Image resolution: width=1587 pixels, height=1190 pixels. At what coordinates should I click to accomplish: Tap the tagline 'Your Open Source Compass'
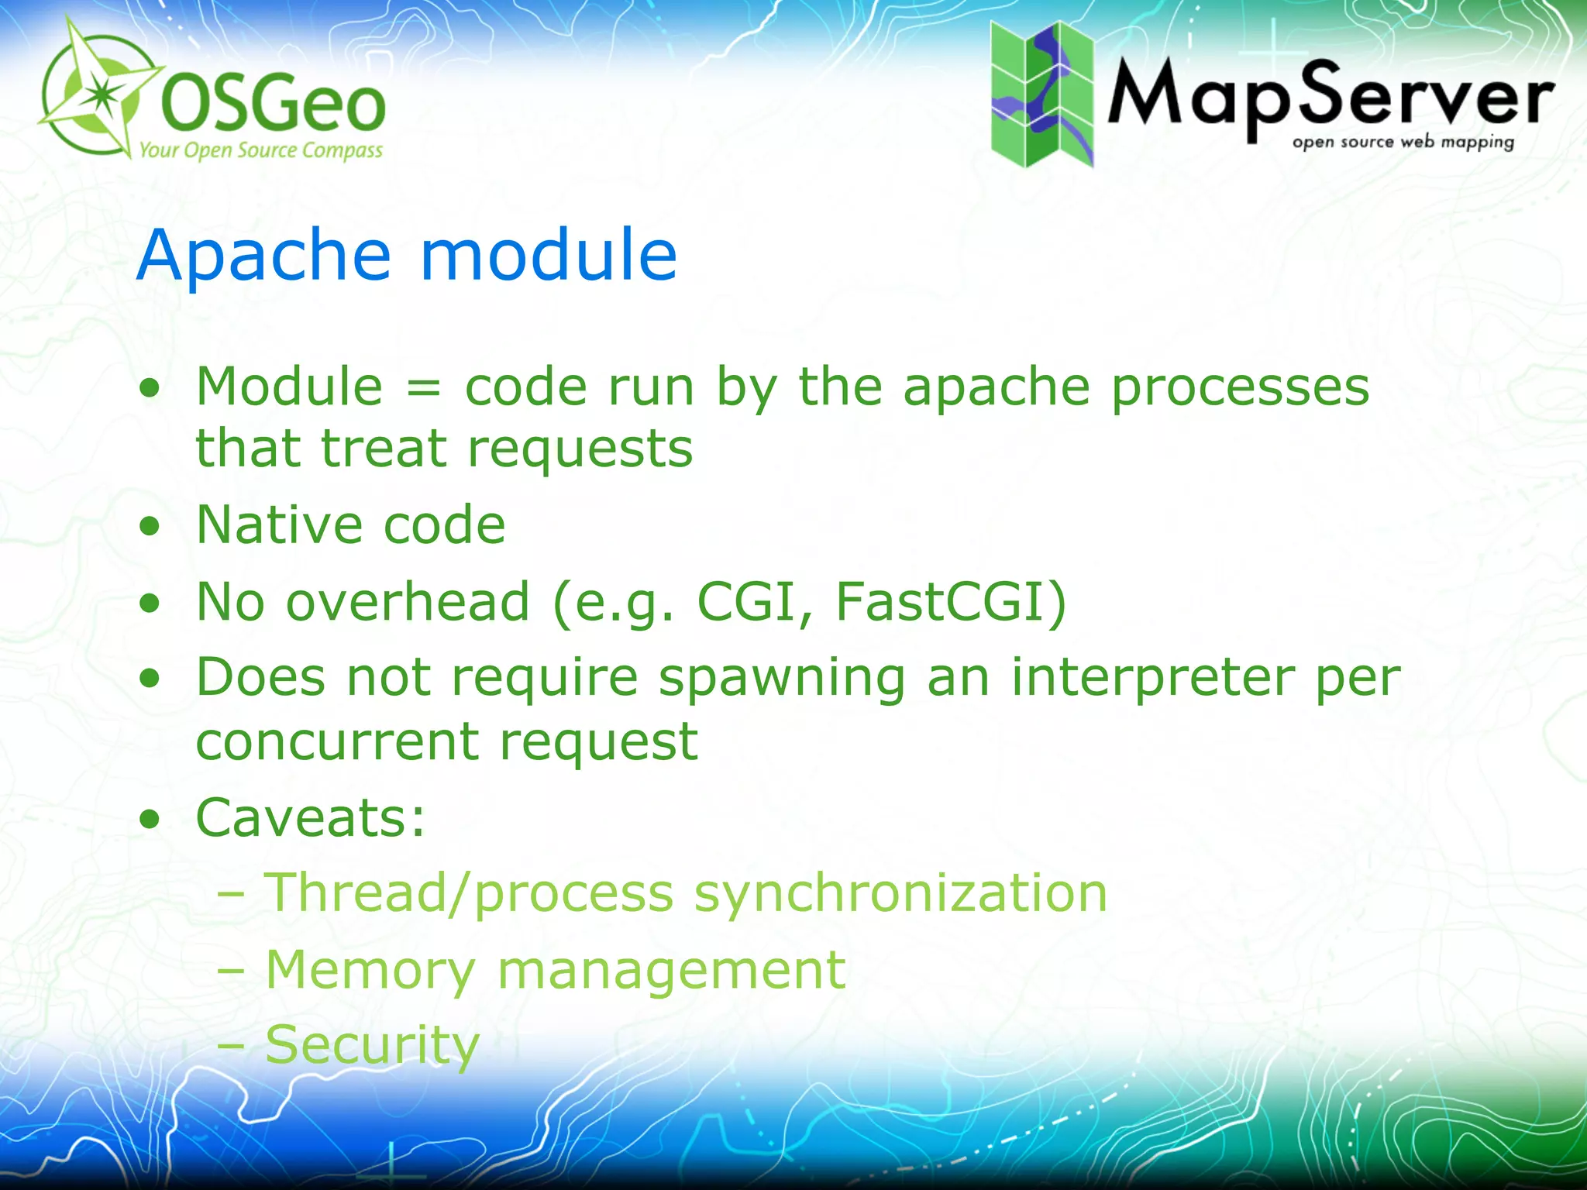[x=260, y=150]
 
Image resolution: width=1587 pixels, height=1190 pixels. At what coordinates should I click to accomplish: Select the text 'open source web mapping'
[x=1403, y=143]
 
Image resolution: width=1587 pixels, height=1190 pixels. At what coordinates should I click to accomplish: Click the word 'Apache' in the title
[x=264, y=256]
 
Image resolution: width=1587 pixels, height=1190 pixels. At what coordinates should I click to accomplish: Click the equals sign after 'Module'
[x=423, y=387]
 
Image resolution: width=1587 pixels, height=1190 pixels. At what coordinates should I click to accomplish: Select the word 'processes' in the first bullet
[x=1241, y=387]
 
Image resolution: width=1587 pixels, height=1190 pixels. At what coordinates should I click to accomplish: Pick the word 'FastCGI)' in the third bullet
[x=952, y=602]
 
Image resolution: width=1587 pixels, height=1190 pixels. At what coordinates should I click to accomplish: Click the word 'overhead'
[x=408, y=602]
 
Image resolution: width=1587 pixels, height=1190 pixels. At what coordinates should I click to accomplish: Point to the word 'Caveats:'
[x=311, y=817]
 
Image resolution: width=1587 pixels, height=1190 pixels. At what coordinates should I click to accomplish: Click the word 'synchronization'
[x=900, y=894]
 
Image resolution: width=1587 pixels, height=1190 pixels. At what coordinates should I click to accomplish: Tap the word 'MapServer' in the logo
[x=1330, y=97]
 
